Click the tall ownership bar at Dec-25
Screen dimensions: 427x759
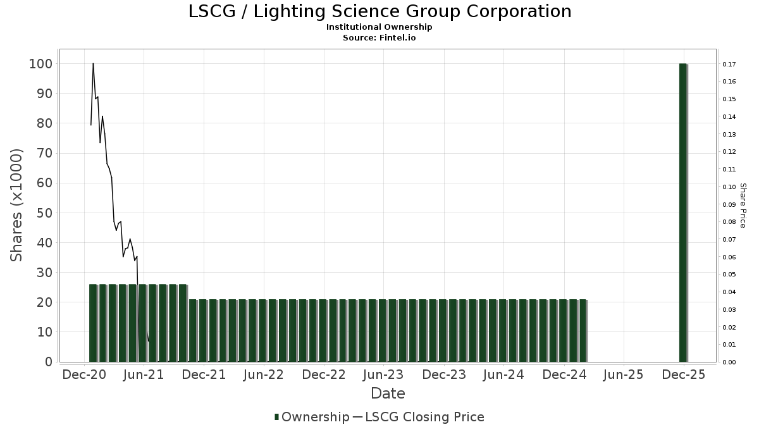click(x=683, y=212)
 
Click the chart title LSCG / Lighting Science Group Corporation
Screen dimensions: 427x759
click(x=379, y=11)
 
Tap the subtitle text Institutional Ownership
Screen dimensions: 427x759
click(x=379, y=27)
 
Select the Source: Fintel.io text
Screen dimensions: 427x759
click(x=379, y=37)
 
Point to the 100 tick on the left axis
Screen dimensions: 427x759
click(x=41, y=64)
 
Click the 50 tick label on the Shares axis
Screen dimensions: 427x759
click(x=44, y=213)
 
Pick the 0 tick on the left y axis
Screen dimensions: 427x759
click(x=48, y=362)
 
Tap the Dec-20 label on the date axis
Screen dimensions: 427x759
click(x=84, y=375)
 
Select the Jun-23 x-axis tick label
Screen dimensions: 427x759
click(x=383, y=375)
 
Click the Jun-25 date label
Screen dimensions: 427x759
click(x=624, y=375)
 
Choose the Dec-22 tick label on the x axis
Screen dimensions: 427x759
click(x=323, y=375)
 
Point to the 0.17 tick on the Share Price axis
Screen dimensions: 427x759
click(x=729, y=65)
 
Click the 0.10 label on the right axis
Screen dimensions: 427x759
click(x=729, y=187)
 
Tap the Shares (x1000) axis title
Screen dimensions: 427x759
click(x=16, y=205)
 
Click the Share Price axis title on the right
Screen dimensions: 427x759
click(x=743, y=205)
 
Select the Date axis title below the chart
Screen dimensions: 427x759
click(x=388, y=393)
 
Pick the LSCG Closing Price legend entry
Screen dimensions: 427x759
click(x=424, y=417)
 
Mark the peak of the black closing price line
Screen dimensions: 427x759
click(x=93, y=63)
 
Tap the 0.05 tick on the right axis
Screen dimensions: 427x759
click(x=729, y=275)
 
